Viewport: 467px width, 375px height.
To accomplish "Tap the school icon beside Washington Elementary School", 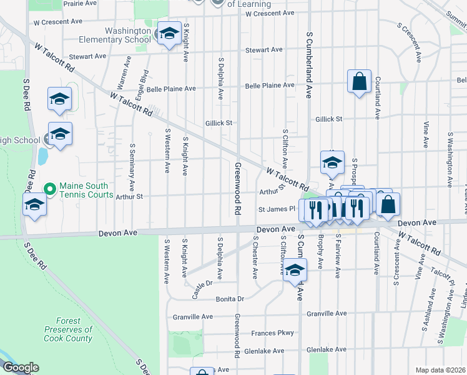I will tap(168, 34).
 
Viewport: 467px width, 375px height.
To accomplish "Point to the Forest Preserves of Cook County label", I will tap(68, 329).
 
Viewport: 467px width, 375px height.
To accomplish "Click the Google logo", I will tap(20, 367).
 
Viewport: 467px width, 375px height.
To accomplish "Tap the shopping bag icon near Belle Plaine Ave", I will tap(359, 81).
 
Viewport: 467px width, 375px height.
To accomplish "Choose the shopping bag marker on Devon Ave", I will tap(388, 204).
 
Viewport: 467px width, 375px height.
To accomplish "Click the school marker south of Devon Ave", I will tap(295, 271).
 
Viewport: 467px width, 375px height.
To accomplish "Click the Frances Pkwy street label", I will tap(272, 333).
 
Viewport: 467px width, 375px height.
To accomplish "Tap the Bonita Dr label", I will tap(229, 299).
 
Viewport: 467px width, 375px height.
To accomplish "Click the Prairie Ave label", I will tap(81, 3).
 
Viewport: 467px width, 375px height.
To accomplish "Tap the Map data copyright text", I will tap(440, 370).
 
